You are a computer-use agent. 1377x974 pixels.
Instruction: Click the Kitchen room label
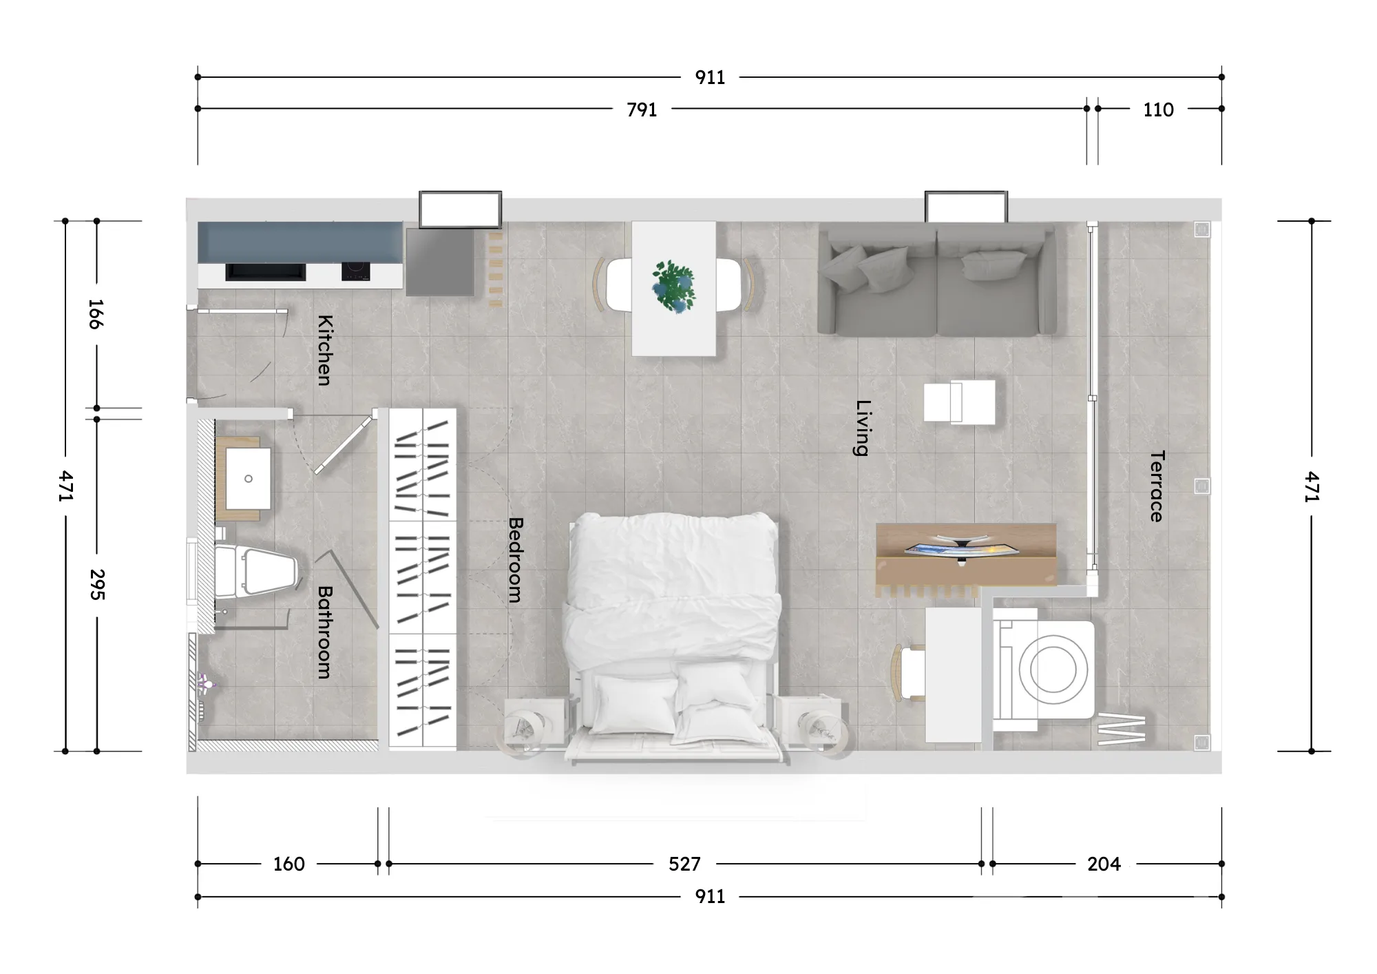click(324, 350)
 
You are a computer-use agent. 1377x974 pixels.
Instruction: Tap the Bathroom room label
click(324, 632)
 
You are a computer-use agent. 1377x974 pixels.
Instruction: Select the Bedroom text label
click(515, 560)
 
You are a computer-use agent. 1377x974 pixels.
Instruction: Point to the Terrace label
click(1157, 486)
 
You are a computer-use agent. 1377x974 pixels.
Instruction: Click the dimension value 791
click(642, 110)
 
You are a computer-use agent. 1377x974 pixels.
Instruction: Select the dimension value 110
click(1158, 110)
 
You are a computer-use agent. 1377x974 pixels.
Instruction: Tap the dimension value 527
click(684, 864)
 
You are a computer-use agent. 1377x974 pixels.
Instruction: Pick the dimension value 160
click(288, 864)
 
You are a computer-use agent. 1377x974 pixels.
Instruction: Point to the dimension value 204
click(1104, 864)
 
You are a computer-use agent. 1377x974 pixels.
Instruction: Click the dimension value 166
click(96, 314)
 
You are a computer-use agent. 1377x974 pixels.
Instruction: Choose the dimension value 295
click(97, 584)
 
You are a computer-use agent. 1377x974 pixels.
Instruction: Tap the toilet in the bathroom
click(255, 571)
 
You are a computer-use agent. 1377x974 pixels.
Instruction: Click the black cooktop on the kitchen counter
click(355, 271)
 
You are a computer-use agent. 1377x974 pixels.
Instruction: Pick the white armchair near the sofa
click(959, 402)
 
